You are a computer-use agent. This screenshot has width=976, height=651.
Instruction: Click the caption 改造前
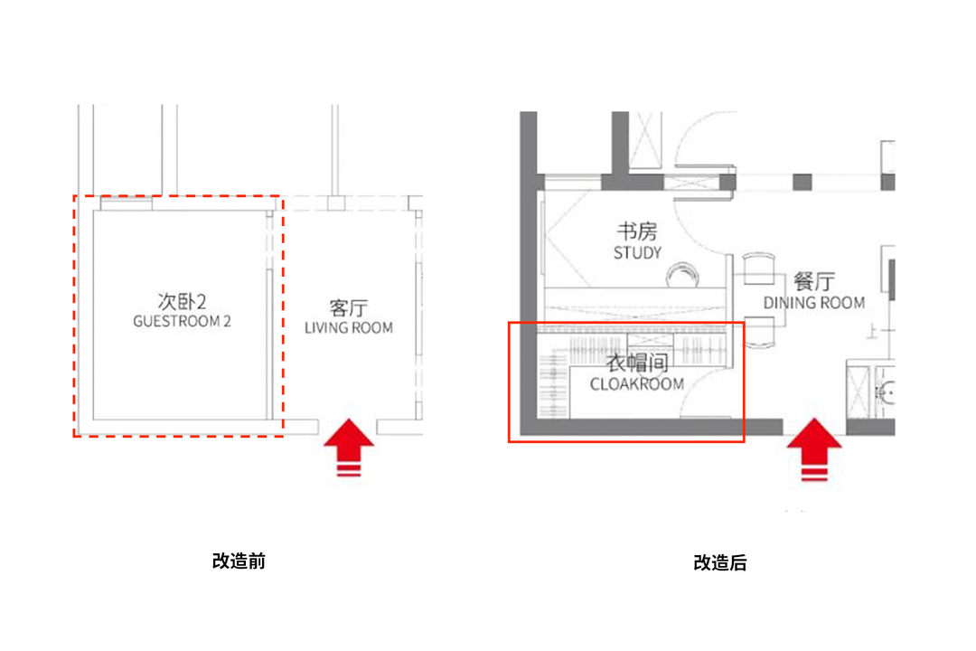[239, 561]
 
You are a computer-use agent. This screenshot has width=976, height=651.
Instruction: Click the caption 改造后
[720, 562]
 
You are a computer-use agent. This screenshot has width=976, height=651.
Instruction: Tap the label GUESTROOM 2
[182, 321]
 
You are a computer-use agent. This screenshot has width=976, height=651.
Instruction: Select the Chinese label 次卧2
[182, 301]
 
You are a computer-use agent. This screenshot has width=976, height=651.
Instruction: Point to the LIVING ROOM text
[349, 327]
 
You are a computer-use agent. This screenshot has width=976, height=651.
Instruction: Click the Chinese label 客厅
[349, 307]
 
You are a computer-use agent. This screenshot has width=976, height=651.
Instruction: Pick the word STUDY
[637, 253]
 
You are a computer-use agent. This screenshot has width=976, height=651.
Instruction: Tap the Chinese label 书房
[637, 232]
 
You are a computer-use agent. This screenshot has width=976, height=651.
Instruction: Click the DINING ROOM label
[813, 303]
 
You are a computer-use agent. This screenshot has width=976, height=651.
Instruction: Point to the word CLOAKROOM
[636, 384]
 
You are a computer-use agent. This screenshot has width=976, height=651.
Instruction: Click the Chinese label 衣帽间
[636, 364]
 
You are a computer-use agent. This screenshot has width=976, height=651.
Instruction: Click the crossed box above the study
[647, 139]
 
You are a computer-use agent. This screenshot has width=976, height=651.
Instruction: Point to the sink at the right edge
[887, 393]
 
